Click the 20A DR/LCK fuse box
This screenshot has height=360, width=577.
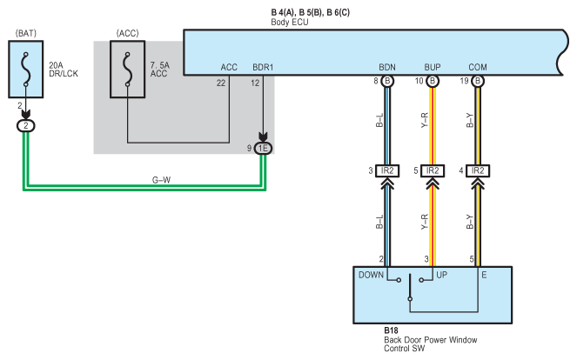[26, 70]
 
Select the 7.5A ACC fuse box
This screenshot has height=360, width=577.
[127, 70]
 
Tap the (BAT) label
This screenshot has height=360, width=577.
[26, 33]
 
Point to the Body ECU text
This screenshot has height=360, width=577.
[290, 22]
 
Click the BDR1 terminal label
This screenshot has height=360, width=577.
[263, 67]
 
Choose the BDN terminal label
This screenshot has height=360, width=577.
[387, 67]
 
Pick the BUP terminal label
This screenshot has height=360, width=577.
[433, 67]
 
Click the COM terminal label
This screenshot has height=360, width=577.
[478, 67]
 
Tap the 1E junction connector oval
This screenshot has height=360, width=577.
[263, 148]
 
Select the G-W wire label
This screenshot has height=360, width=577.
[161, 180]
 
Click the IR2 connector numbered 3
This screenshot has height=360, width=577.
[387, 170]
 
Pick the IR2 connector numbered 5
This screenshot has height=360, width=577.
[433, 170]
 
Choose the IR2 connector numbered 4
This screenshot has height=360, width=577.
[478, 170]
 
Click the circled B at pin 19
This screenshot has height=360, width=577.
[478, 81]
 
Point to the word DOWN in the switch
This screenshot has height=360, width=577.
[371, 275]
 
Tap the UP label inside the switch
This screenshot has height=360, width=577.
[441, 275]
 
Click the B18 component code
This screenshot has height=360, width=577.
[391, 330]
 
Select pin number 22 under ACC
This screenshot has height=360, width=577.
[221, 83]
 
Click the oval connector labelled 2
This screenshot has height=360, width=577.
[26, 126]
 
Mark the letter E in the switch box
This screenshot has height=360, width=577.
[484, 275]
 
